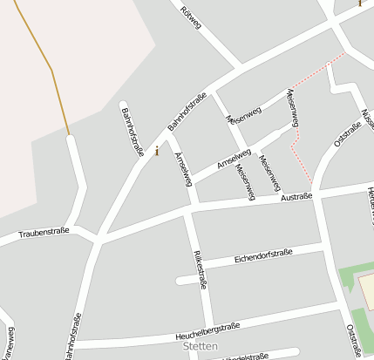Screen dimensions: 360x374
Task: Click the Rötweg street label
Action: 190,19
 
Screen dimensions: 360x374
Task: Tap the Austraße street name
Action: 296,197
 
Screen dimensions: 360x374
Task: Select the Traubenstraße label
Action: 44,234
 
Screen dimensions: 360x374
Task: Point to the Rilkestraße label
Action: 200,269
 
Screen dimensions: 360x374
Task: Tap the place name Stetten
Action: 201,346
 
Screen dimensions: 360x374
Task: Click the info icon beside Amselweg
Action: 157,151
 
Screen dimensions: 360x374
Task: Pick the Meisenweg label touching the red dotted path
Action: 292,109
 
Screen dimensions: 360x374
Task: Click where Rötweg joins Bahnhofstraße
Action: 239,66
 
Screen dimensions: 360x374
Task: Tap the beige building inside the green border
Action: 367,293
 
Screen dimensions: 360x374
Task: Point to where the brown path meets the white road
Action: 69,135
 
